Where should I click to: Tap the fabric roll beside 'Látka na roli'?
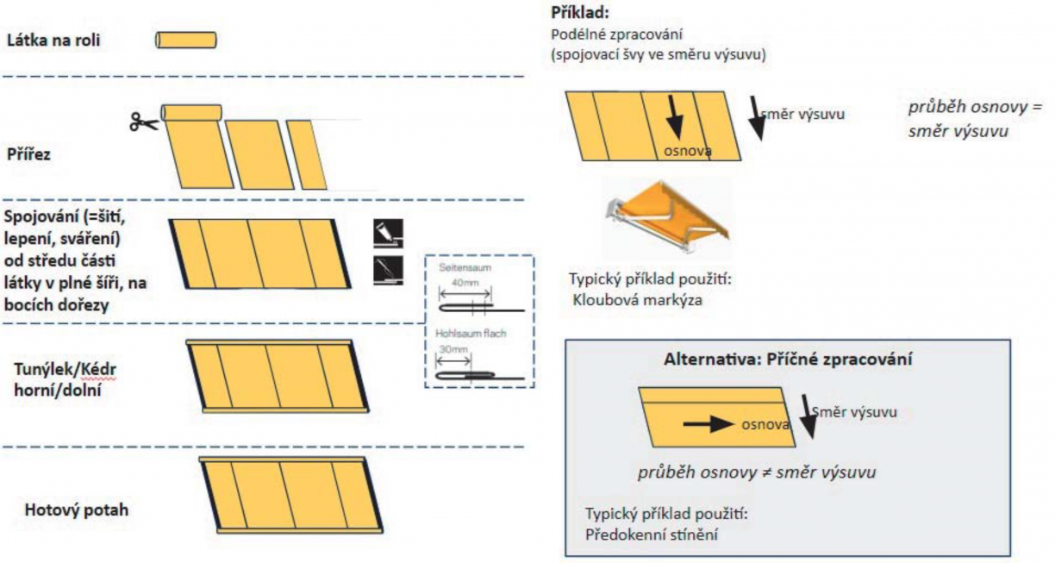[185, 40]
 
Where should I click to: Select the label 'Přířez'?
[29, 156]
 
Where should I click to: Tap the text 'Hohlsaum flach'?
[471, 333]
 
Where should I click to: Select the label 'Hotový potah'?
[77, 510]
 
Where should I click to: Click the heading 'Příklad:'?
[579, 14]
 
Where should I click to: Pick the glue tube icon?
[388, 233]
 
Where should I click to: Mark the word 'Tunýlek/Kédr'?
[66, 370]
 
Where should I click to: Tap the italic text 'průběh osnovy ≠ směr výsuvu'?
[758, 472]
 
